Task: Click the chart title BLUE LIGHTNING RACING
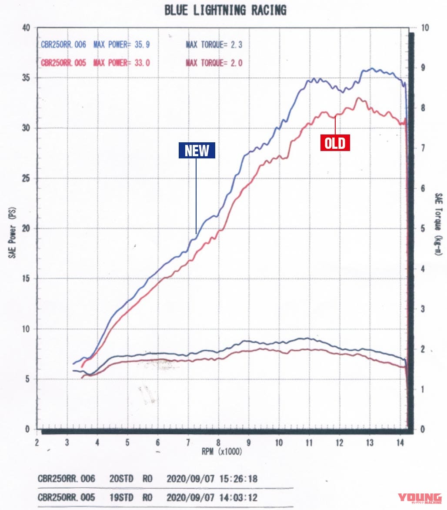[225, 10]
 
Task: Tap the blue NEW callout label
[197, 151]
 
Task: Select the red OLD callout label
[335, 143]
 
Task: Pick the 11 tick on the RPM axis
[309, 442]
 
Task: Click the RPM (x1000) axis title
[222, 452]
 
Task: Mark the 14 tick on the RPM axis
[399, 442]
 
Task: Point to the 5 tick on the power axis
[27, 379]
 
